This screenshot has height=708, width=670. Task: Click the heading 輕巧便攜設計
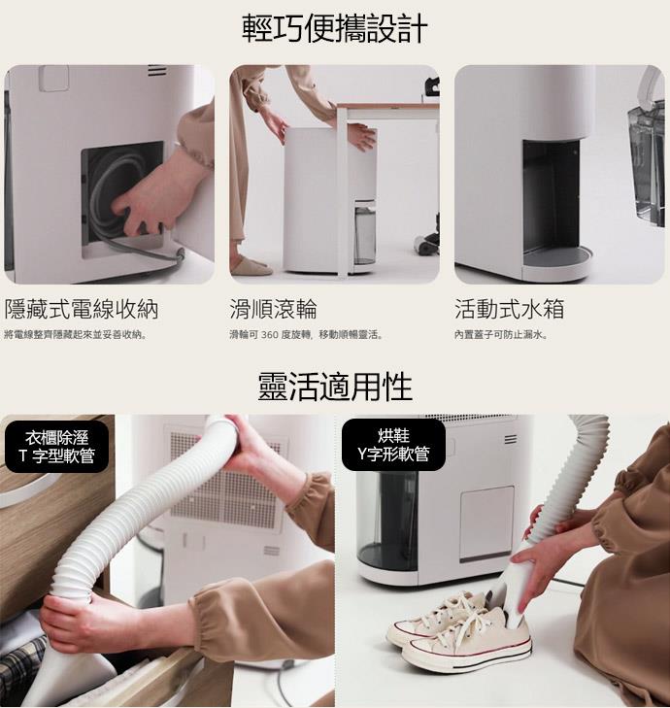(335, 28)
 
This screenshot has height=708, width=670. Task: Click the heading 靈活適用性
(335, 387)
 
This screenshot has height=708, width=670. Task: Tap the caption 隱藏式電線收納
(82, 309)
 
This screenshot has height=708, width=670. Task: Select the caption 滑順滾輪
(273, 309)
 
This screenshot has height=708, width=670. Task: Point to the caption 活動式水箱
(509, 309)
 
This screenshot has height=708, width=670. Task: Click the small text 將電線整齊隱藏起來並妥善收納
(75, 335)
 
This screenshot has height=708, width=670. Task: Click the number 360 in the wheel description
(270, 335)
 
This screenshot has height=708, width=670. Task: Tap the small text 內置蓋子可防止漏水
(502, 335)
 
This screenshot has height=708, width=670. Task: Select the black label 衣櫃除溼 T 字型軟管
(57, 447)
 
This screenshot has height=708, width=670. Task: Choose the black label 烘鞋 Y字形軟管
(393, 445)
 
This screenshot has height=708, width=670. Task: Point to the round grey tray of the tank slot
(556, 256)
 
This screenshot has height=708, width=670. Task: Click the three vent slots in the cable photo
(157, 71)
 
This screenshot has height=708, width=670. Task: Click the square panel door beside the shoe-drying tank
(486, 523)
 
